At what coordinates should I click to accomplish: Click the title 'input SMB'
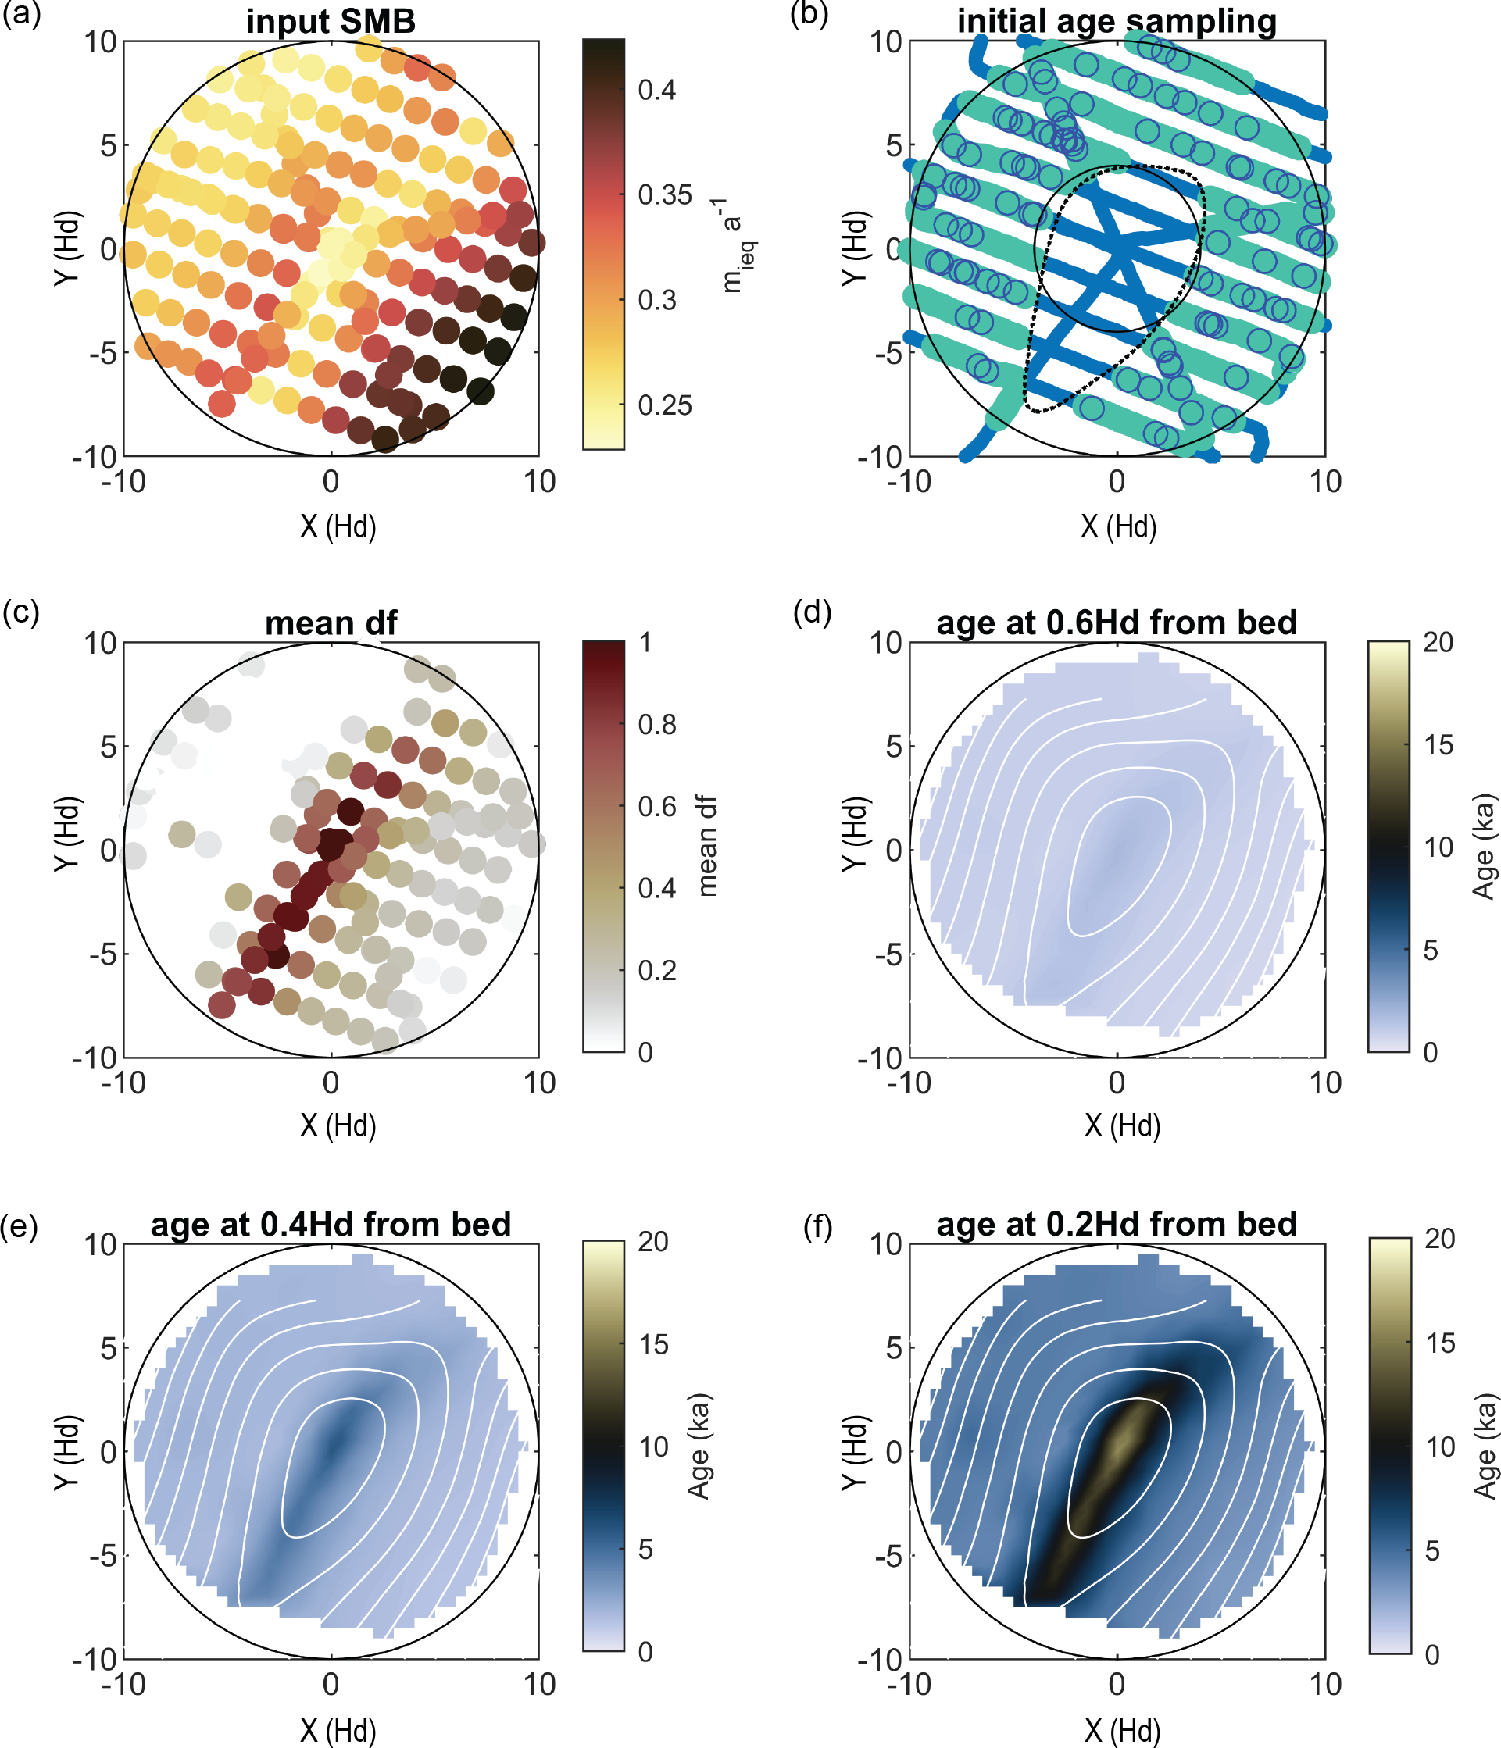(331, 21)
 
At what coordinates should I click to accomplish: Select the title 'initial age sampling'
(1117, 21)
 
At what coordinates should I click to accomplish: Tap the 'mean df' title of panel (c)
(331, 623)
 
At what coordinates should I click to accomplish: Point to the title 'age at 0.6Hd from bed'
(1117, 623)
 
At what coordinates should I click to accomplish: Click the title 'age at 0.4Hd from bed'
(331, 1224)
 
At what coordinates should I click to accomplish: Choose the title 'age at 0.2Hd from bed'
(1117, 1224)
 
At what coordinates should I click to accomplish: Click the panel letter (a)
(20, 14)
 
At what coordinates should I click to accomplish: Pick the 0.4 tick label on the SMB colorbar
(656, 91)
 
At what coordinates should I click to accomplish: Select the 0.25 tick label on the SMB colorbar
(664, 406)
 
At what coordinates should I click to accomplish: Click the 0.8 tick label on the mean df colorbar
(656, 725)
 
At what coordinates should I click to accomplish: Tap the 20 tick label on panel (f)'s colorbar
(1440, 1239)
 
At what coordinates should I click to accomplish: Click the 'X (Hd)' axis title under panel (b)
(1118, 527)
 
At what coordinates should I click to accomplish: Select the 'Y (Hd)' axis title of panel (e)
(66, 1452)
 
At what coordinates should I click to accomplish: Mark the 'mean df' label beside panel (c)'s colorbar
(707, 845)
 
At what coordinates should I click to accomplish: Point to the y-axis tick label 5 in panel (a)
(108, 145)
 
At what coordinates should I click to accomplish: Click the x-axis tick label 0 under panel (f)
(1117, 1684)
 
